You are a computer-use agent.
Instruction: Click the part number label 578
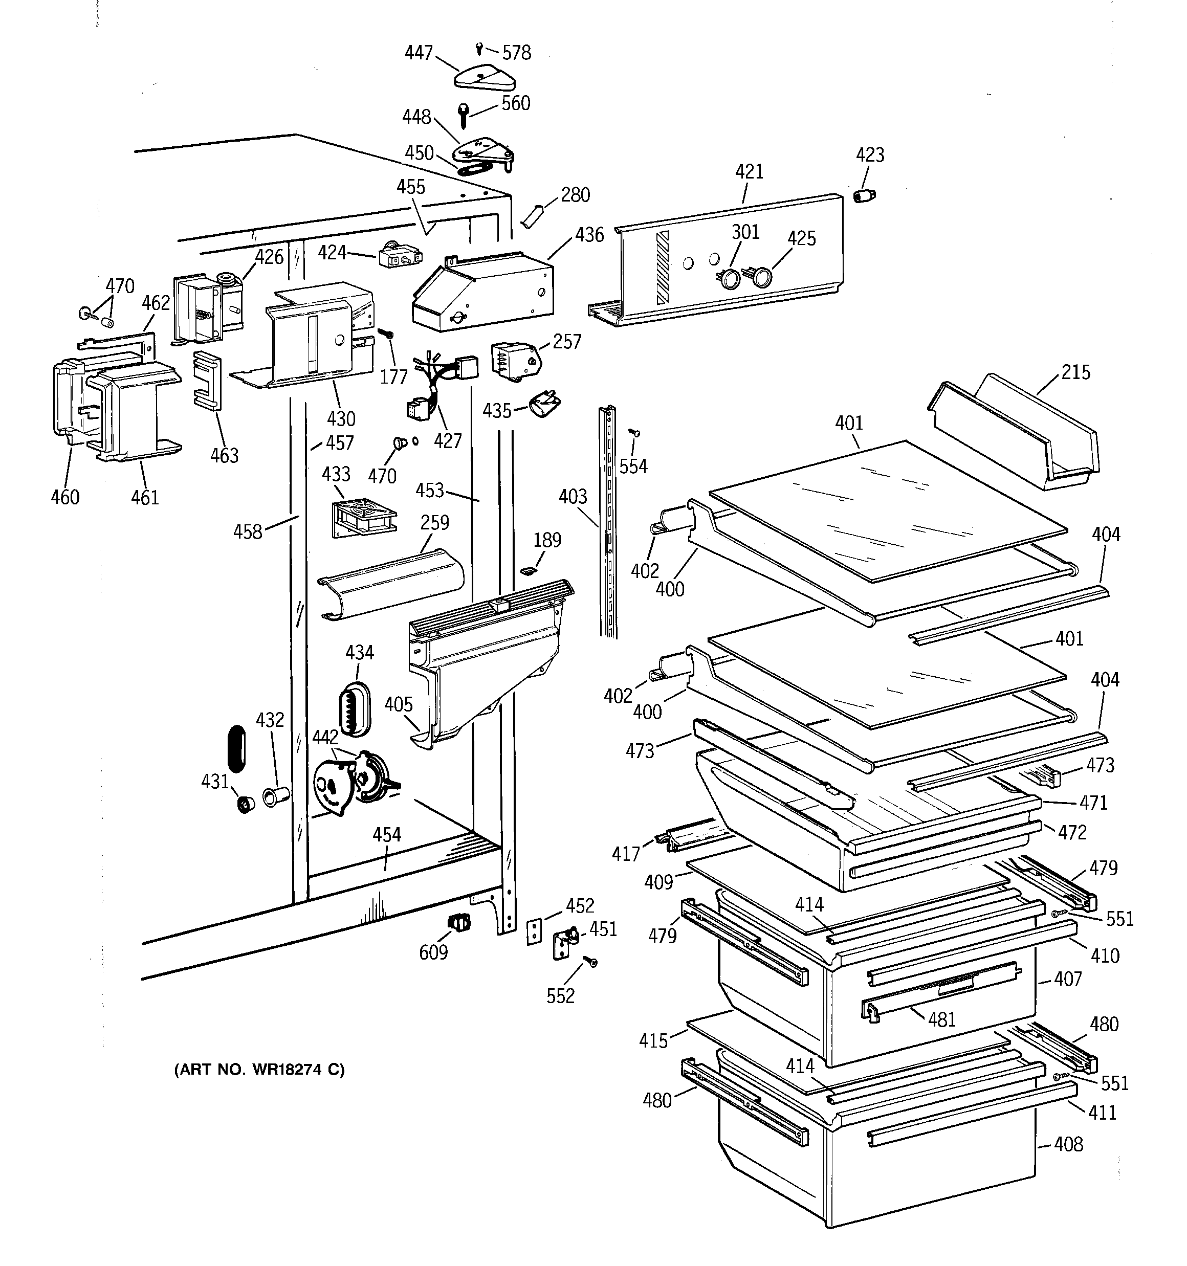[x=516, y=53]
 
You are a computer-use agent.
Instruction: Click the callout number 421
[x=749, y=172]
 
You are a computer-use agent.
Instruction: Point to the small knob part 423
[x=864, y=195]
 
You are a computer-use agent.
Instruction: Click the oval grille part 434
[x=354, y=707]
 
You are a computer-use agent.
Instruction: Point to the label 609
[x=433, y=952]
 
